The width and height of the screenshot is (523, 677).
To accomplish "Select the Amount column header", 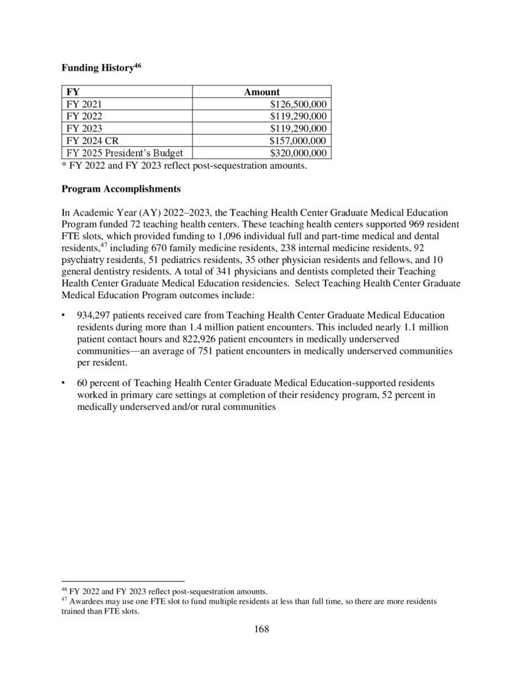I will tap(262, 92).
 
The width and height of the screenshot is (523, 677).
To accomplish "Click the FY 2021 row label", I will tap(85, 104).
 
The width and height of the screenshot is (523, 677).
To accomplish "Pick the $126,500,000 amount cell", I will tap(299, 104).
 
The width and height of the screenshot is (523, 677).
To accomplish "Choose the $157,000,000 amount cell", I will tap(299, 141).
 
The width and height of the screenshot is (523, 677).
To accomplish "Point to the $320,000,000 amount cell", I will tap(299, 153).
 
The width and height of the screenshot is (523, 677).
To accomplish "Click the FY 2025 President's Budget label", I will tap(124, 153).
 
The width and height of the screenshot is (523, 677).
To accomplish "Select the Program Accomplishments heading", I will tap(121, 188).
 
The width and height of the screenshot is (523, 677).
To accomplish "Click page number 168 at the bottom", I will tap(262, 629).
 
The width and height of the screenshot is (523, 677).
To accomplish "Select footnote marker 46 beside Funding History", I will tap(138, 65).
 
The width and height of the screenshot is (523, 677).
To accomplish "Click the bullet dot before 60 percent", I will tap(63, 383).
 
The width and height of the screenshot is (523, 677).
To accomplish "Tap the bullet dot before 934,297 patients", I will tap(63, 315).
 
